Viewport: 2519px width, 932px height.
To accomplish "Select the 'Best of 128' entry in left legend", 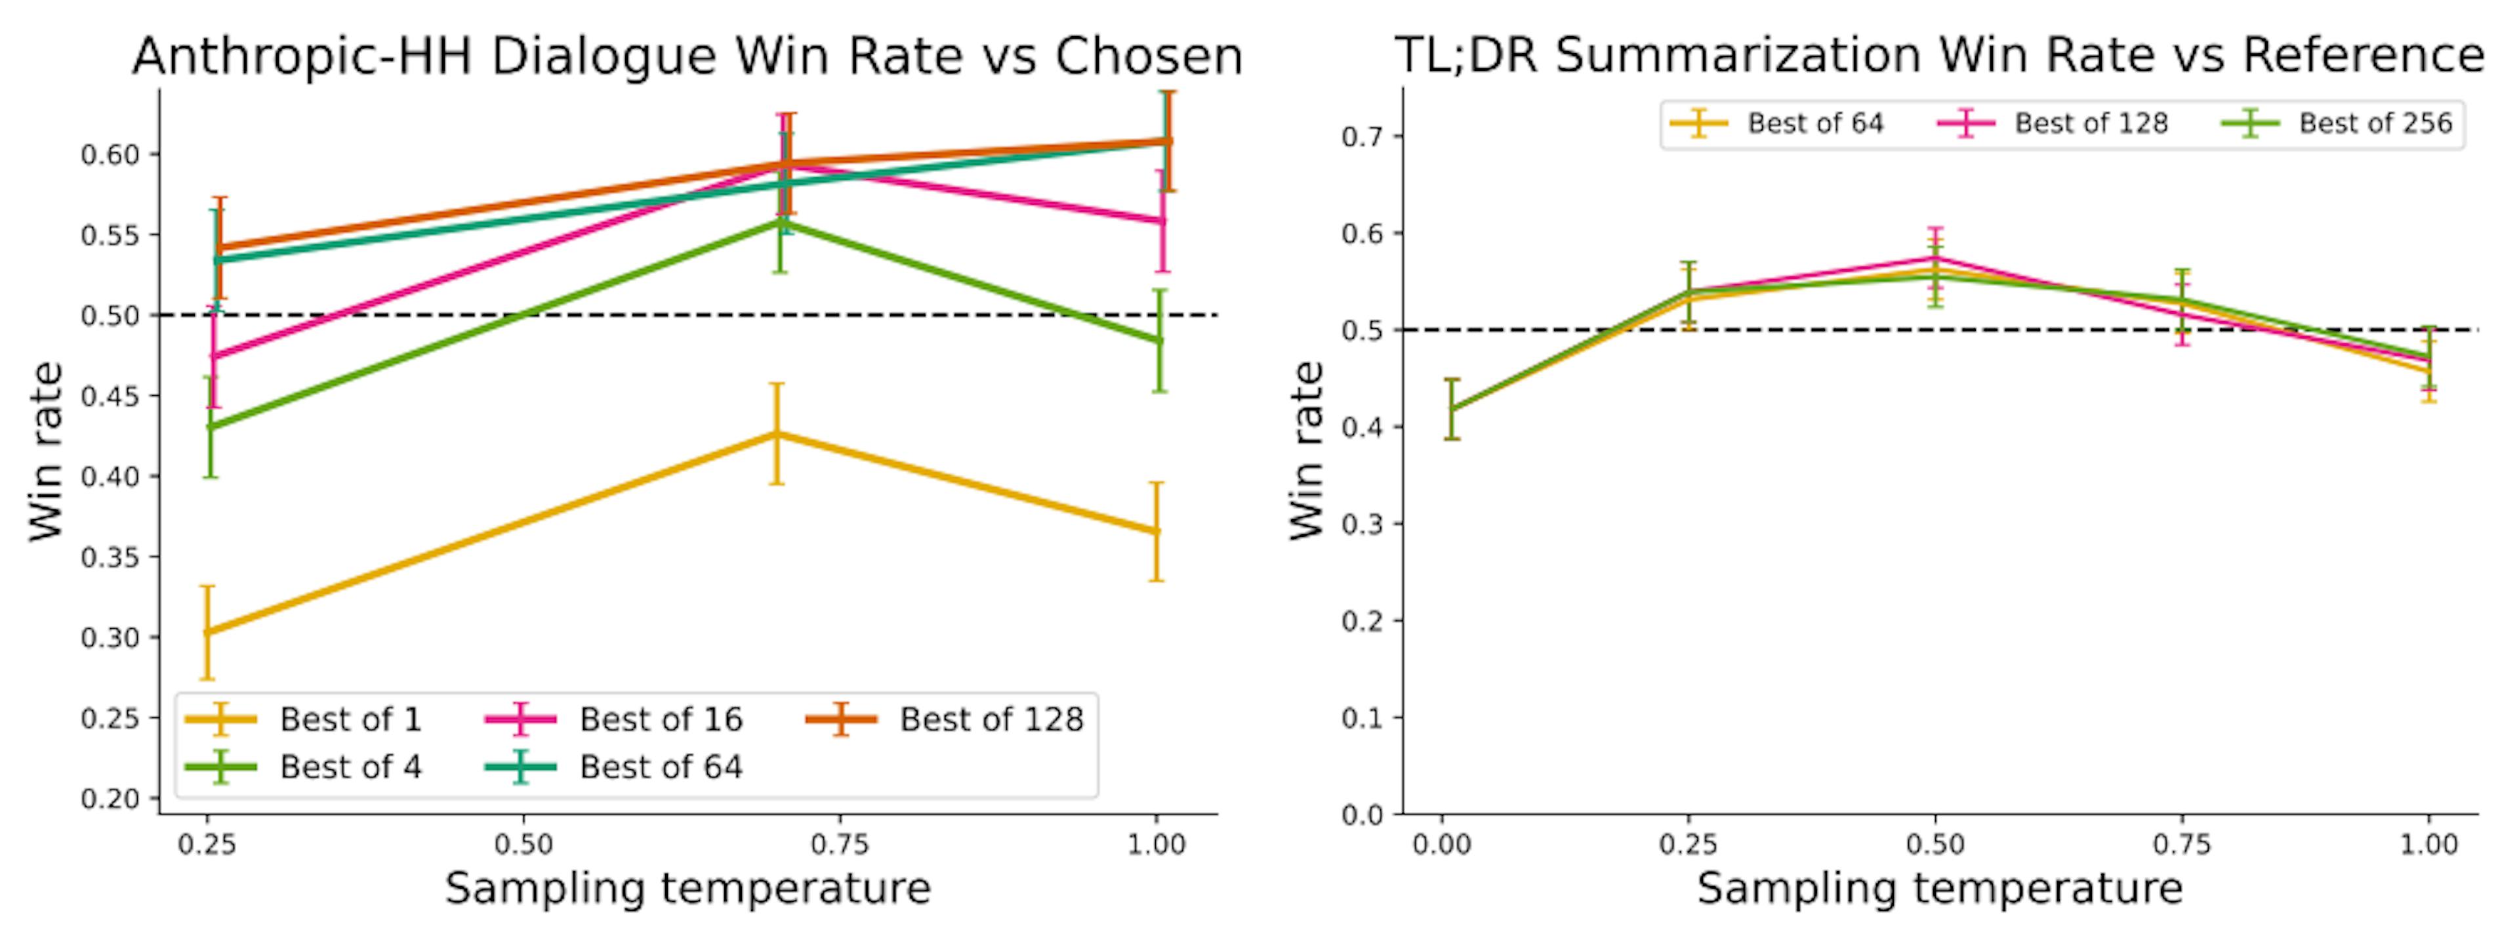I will [x=991, y=720].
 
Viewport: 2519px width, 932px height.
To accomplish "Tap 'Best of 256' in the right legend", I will [x=2374, y=123].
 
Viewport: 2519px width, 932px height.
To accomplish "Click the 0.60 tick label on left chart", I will [x=110, y=154].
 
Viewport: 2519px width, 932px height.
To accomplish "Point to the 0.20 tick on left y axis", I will [x=110, y=799].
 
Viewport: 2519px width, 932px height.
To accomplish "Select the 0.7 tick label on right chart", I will [x=1362, y=136].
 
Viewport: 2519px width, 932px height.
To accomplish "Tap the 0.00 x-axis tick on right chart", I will [x=1441, y=844].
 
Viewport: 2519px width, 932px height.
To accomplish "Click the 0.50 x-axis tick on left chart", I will [x=523, y=844].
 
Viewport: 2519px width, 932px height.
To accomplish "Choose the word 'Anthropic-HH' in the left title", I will [x=301, y=56].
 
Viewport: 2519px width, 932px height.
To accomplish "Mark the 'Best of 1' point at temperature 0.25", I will [x=207, y=632].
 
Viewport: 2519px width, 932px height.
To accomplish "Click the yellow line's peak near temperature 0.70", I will [x=777, y=433].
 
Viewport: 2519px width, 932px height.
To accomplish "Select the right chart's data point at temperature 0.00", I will [x=1452, y=409].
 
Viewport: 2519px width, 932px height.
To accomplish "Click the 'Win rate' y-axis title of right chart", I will [x=1307, y=450].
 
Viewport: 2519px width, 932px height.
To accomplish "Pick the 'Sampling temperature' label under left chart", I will [x=687, y=889].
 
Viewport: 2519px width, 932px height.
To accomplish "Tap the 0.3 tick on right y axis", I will [x=1362, y=523].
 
